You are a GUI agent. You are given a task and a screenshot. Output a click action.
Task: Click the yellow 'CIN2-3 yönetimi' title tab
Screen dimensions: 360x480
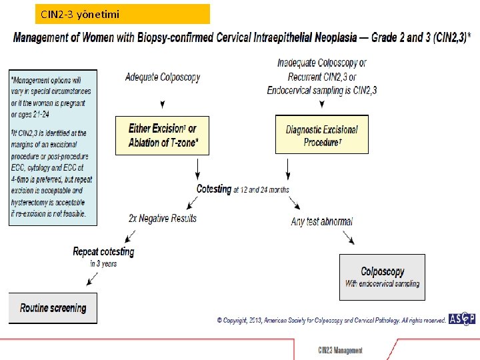pos(123,14)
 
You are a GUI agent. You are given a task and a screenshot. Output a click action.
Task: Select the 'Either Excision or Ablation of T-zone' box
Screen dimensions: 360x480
pos(162,135)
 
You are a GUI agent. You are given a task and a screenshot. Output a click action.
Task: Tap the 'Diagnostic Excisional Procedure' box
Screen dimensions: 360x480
pos(321,135)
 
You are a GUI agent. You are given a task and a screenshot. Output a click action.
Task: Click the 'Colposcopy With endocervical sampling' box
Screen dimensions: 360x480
pos(382,277)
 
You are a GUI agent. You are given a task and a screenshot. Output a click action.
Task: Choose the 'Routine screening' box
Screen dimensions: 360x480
pos(53,308)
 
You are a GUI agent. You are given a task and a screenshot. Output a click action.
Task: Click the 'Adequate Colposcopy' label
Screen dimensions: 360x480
pos(162,77)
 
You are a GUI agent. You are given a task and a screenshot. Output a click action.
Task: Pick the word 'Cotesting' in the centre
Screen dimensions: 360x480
pos(213,189)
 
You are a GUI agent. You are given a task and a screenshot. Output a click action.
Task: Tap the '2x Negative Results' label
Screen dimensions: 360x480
pos(163,218)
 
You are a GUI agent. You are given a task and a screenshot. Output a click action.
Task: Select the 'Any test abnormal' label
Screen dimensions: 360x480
pos(321,221)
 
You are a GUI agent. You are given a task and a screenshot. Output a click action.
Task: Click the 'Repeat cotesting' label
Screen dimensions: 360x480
pos(103,251)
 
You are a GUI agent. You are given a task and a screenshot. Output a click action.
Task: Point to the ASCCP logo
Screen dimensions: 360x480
pos(461,319)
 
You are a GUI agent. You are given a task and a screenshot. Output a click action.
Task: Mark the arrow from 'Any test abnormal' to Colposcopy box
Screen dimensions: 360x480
pos(347,237)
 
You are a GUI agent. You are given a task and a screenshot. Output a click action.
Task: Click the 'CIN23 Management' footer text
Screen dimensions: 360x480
pos(340,350)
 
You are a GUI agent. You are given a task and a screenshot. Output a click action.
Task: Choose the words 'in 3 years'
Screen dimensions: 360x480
pos(103,263)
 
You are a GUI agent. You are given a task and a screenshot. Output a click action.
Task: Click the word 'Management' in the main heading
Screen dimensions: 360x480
pos(45,37)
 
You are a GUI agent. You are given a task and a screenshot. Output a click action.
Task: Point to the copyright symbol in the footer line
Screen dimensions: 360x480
pos(219,321)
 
